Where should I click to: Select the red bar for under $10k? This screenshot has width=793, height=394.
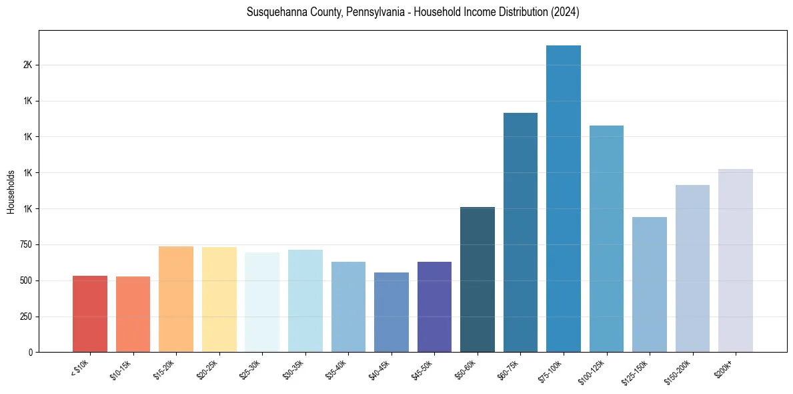click(90, 314)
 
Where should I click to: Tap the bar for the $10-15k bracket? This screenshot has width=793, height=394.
click(133, 315)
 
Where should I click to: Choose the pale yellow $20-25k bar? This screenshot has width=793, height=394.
click(219, 300)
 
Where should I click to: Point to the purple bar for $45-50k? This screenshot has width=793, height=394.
click(434, 307)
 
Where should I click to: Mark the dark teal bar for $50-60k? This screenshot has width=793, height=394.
click(478, 280)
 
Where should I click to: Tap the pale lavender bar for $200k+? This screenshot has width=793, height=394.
click(736, 260)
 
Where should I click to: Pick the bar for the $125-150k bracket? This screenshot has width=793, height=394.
click(650, 284)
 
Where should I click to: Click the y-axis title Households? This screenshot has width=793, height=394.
click(11, 191)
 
